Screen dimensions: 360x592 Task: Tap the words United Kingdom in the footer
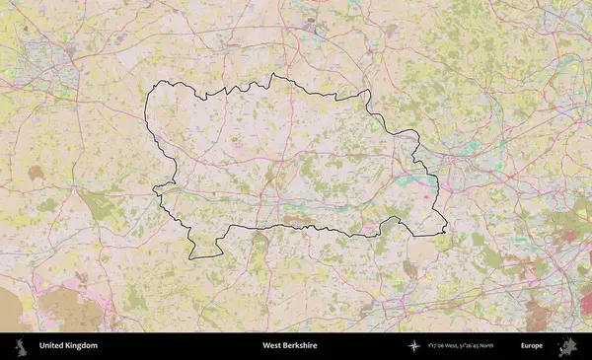tap(68, 346)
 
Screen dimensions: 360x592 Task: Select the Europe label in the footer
tap(532, 346)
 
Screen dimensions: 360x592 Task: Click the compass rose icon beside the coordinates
tap(414, 346)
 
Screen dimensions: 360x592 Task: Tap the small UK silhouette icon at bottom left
tap(19, 346)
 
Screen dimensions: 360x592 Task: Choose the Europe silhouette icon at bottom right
tap(567, 346)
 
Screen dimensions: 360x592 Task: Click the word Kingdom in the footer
tap(82, 346)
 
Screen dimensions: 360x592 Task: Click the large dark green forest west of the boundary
tap(99, 208)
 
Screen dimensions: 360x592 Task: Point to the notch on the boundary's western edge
tap(158, 189)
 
